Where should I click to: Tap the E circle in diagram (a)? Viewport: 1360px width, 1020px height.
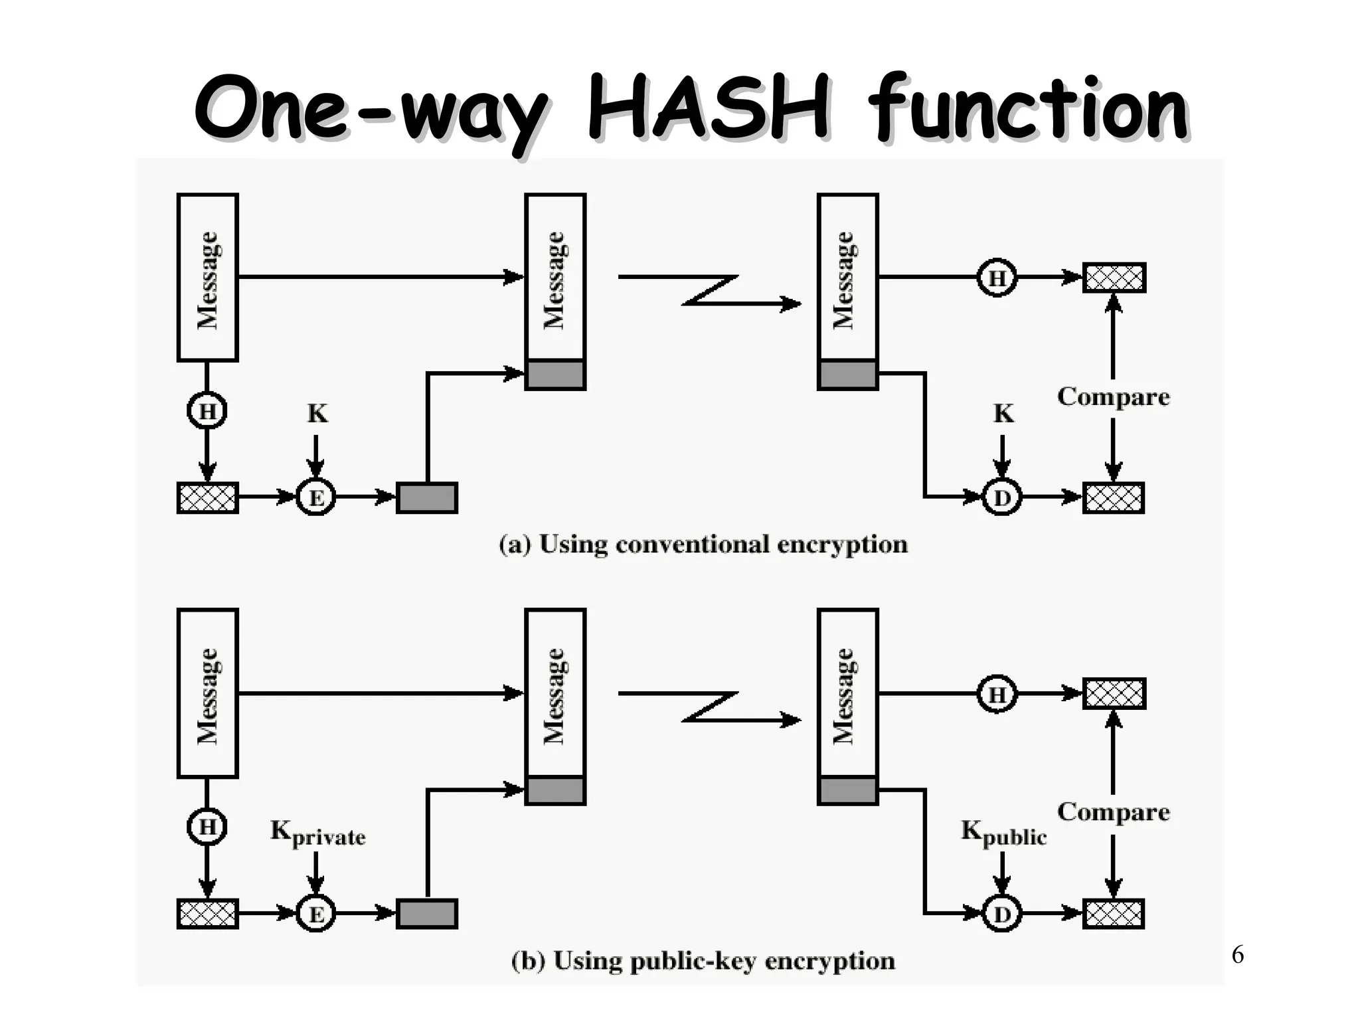tap(315, 497)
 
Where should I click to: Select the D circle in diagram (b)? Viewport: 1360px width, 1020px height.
tap(1001, 914)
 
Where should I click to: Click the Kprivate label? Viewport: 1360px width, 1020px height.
tap(317, 833)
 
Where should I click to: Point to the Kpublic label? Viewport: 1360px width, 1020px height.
tap(1003, 833)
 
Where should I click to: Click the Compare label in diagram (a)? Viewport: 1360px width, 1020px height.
tap(1113, 396)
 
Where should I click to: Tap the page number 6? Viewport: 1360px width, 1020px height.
tap(1237, 955)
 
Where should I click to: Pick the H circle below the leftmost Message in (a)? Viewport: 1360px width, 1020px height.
tap(207, 412)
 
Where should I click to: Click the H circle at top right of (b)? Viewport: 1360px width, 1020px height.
tap(997, 695)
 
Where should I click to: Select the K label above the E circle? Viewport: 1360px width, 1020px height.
tap(317, 414)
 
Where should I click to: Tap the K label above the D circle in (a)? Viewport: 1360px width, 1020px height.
tap(1003, 414)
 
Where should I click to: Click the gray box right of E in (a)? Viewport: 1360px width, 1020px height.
tap(427, 498)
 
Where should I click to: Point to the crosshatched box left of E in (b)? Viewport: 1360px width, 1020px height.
tap(208, 914)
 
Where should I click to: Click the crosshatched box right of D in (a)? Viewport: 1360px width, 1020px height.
tap(1114, 498)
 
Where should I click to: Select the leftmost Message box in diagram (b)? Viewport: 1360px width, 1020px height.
tap(208, 693)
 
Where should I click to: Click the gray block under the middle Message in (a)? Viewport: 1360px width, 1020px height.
tap(555, 375)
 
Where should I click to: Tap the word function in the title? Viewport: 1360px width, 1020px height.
tap(1028, 108)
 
